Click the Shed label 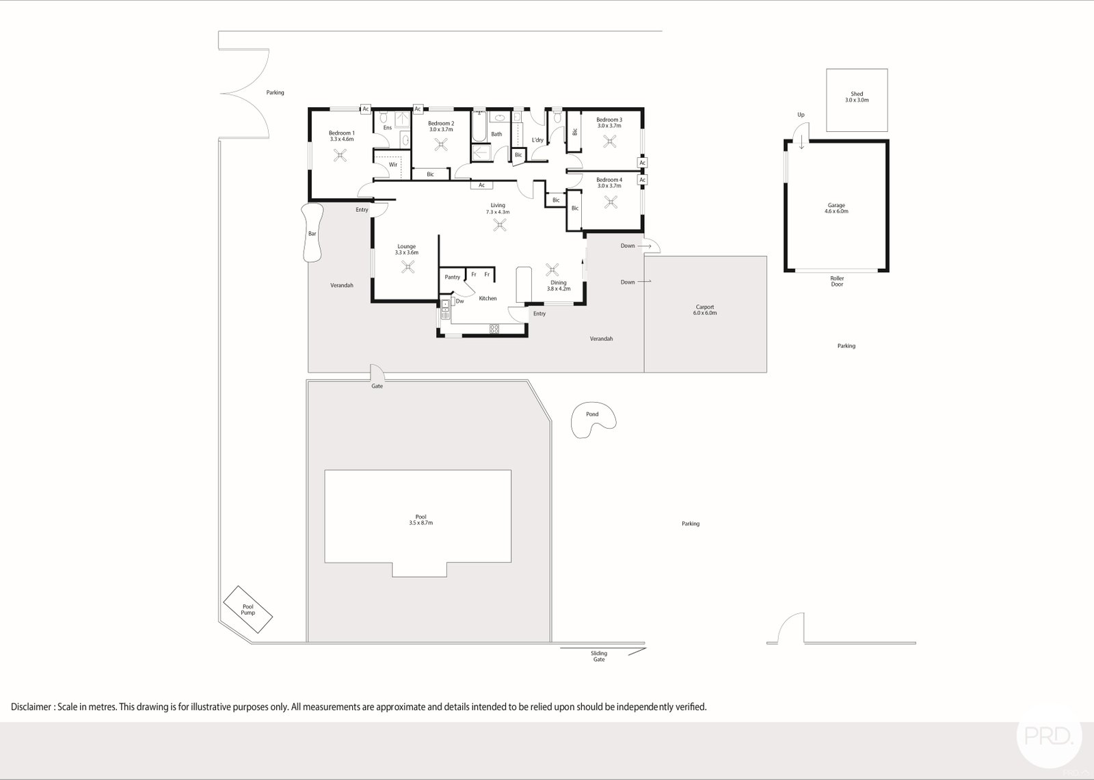click(x=857, y=94)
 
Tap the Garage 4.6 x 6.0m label click(x=836, y=209)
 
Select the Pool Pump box click(x=248, y=610)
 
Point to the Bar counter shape click(x=312, y=233)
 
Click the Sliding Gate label click(x=599, y=656)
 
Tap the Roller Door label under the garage click(x=837, y=281)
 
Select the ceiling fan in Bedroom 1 click(x=341, y=155)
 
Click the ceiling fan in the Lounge click(x=409, y=268)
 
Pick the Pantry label click(x=452, y=277)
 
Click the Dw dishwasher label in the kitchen click(x=460, y=301)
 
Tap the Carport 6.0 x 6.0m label click(x=705, y=310)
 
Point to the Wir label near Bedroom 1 click(x=393, y=164)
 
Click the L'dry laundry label click(x=537, y=140)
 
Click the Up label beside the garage click(x=801, y=115)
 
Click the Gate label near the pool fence click(x=377, y=386)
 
